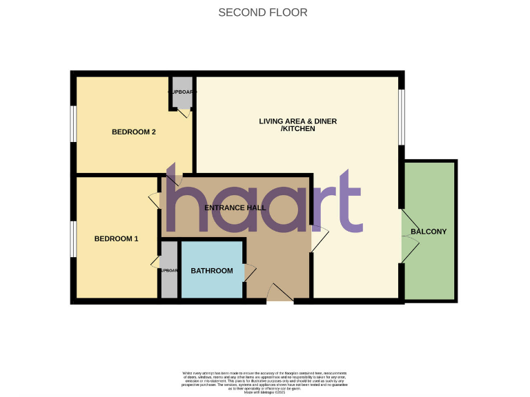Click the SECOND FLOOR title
263,12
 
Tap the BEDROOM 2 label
133,132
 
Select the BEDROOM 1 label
116,239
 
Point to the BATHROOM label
212,271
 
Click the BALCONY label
429,232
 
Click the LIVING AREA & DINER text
297,121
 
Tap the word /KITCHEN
297,130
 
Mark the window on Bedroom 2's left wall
72,124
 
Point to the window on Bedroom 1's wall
72,238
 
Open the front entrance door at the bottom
279,293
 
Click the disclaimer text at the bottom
265,380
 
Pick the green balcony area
429,269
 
